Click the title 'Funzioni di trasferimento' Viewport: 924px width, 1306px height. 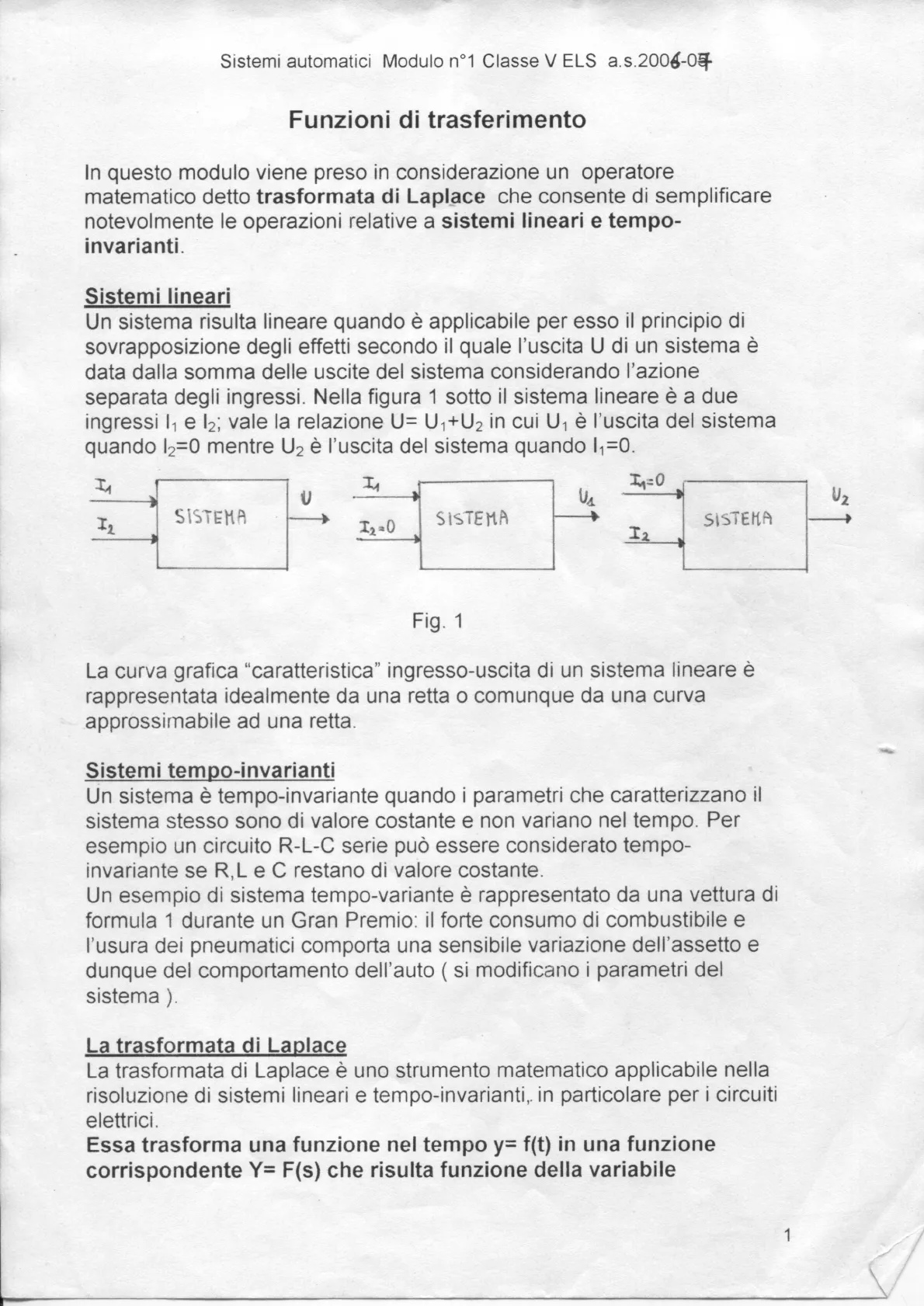pos(437,120)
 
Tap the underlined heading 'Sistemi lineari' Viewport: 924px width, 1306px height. pos(158,297)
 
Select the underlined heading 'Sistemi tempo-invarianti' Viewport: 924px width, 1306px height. pos(210,770)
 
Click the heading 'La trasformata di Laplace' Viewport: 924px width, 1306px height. pos(216,1045)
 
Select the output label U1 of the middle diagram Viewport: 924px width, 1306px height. pos(585,499)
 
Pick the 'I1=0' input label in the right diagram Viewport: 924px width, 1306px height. pos(649,481)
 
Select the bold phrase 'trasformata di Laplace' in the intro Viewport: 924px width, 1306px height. pos(371,196)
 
